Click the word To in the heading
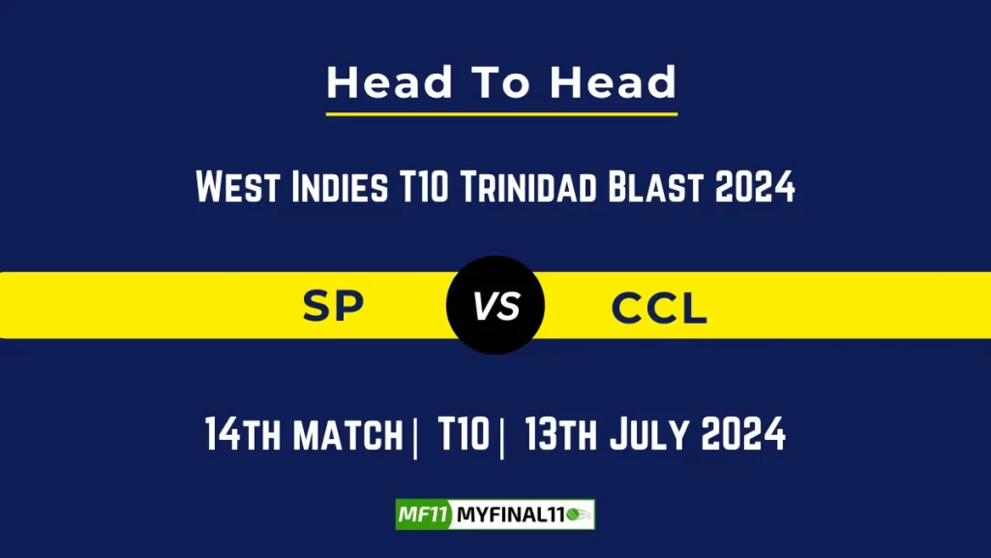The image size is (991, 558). [x=501, y=83]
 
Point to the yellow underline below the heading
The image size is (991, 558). [x=501, y=114]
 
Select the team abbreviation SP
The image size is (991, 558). [x=333, y=307]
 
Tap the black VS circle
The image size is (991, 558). [x=495, y=306]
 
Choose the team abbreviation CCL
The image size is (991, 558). [x=659, y=308]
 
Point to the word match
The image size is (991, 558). [x=345, y=435]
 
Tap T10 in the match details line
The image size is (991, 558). [x=462, y=435]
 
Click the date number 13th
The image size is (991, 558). [x=561, y=435]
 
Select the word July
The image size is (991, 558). [x=651, y=435]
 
